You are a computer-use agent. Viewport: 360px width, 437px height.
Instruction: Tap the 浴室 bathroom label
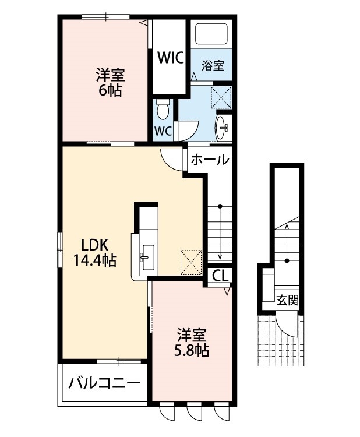[x=213, y=65]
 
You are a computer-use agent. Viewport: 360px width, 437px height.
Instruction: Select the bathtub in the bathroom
[x=212, y=34]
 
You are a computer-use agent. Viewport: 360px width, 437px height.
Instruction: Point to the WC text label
[x=163, y=131]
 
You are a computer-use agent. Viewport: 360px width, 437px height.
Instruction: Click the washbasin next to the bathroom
[x=223, y=126]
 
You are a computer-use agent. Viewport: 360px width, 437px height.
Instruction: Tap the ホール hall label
[x=209, y=159]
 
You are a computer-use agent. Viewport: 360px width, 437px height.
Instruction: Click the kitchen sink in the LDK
[x=146, y=256]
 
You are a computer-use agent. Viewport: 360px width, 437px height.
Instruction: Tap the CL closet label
[x=220, y=276]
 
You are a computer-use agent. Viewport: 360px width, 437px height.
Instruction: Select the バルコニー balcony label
[x=104, y=384]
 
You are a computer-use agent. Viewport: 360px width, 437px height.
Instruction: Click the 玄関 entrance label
[x=287, y=301]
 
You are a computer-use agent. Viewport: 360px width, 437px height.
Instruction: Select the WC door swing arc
[x=189, y=130]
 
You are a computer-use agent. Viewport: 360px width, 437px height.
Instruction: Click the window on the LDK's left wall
[x=59, y=251]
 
